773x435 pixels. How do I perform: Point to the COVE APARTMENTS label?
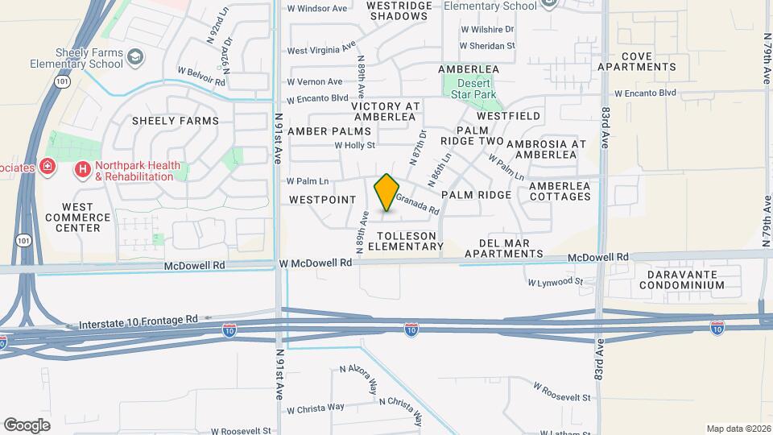pyautogui.click(x=636, y=61)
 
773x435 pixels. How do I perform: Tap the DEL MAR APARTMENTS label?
pyautogui.click(x=500, y=248)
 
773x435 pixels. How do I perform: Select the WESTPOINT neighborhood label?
pyautogui.click(x=316, y=199)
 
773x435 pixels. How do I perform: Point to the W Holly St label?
pyautogui.click(x=355, y=146)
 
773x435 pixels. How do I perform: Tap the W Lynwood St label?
pyautogui.click(x=555, y=282)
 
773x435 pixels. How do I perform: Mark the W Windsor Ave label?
pyautogui.click(x=316, y=9)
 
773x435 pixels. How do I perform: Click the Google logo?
pyautogui.click(x=27, y=425)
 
